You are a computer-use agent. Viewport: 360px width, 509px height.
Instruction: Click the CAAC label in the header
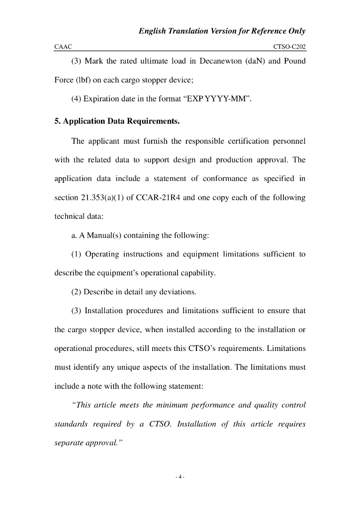pyautogui.click(x=63, y=46)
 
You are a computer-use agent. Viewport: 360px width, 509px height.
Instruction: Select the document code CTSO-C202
pyautogui.click(x=289, y=46)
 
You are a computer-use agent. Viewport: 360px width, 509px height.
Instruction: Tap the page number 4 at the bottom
pyautogui.click(x=180, y=477)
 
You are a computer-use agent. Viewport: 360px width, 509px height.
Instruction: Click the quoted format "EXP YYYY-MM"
pyautogui.click(x=218, y=98)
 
